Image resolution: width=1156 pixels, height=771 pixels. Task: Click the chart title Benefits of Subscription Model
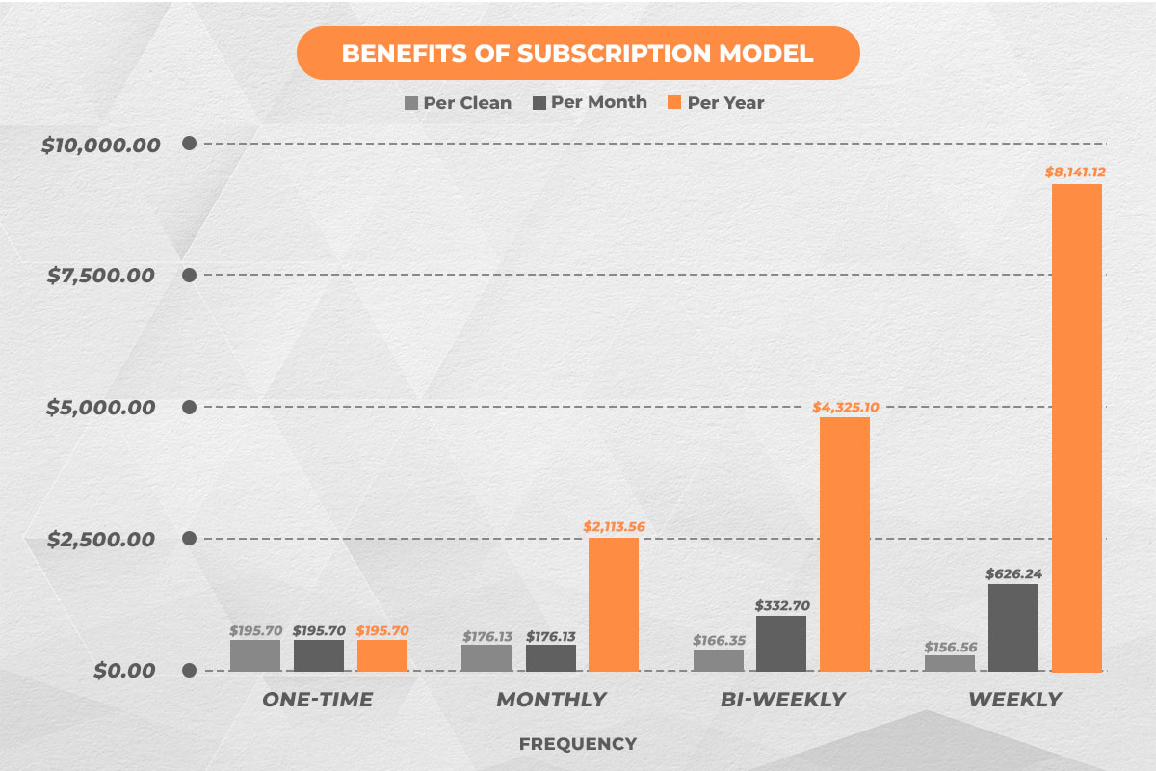[x=577, y=53]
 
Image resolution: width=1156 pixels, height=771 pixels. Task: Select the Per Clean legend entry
[x=459, y=102]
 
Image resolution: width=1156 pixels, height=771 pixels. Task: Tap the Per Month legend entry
[x=589, y=102]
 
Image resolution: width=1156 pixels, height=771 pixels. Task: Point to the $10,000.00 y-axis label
[x=100, y=145]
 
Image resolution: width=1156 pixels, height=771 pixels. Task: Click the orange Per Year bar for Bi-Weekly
[x=845, y=544]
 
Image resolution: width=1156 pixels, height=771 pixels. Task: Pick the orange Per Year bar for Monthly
[x=614, y=603]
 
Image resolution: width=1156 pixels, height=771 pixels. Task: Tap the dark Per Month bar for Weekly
[x=1013, y=627]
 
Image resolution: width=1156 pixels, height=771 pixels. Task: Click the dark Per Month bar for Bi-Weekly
[x=781, y=643]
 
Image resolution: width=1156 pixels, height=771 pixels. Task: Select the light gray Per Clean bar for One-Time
[x=255, y=655]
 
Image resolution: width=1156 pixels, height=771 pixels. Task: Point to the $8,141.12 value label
[x=1076, y=173]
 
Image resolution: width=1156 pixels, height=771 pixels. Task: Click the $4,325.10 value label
[x=845, y=407]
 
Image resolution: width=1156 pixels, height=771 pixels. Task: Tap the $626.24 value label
[x=1013, y=573]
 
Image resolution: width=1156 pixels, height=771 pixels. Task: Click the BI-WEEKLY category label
[x=781, y=700]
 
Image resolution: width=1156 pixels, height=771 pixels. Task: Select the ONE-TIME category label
[x=318, y=700]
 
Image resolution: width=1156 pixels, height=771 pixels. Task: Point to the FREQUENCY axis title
[x=577, y=744]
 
